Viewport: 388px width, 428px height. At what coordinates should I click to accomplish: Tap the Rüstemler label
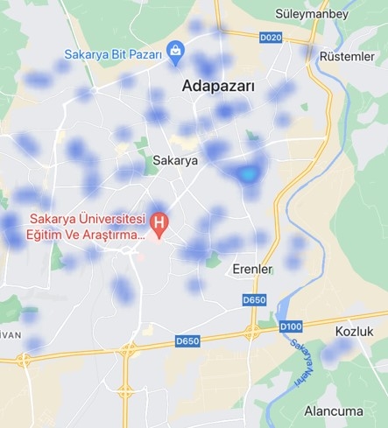(348, 57)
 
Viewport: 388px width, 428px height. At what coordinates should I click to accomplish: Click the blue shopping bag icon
(176, 52)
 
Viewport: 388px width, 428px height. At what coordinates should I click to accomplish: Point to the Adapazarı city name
(218, 87)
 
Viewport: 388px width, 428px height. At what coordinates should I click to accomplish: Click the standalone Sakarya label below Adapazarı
(175, 161)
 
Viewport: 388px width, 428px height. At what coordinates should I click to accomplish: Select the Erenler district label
(252, 268)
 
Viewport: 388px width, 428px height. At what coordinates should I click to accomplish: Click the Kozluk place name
(354, 332)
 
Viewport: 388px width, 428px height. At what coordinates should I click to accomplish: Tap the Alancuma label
(333, 410)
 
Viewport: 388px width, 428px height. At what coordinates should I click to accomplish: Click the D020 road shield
(272, 38)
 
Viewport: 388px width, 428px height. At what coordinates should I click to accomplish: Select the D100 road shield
(291, 326)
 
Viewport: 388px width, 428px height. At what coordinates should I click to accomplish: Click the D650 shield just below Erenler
(254, 300)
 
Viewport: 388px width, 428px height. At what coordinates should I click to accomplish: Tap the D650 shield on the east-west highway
(187, 340)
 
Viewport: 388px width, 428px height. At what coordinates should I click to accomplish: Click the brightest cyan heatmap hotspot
(249, 174)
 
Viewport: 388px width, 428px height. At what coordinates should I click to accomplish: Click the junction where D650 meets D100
(251, 332)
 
